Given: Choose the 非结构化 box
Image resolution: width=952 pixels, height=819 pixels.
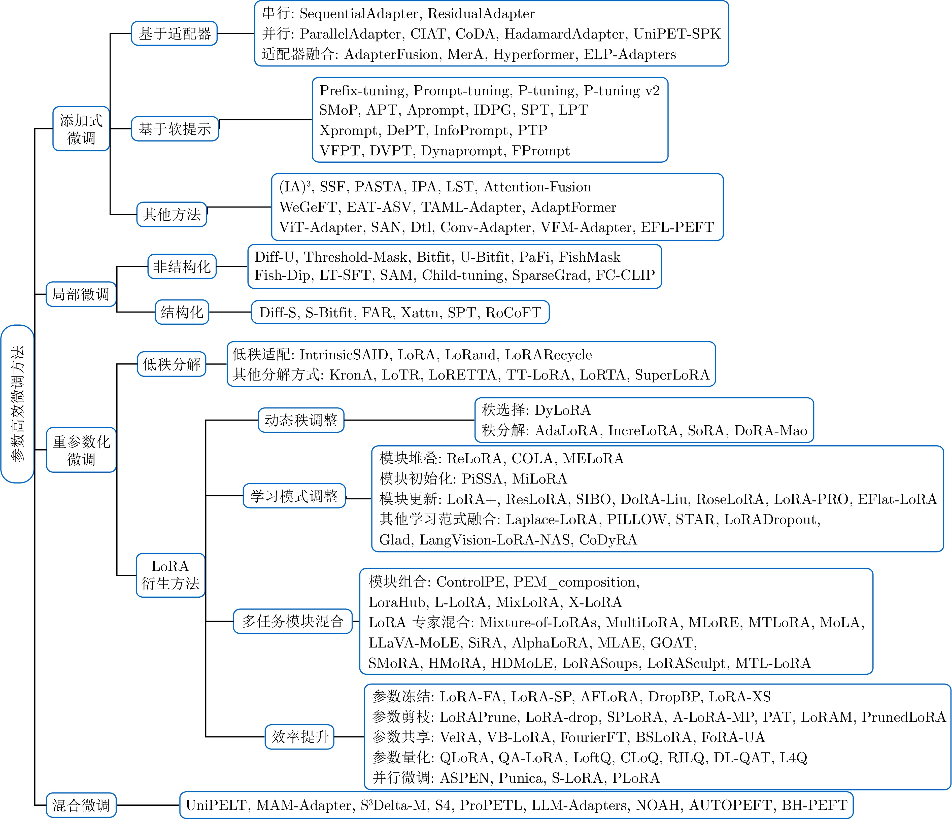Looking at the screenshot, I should click(182, 266).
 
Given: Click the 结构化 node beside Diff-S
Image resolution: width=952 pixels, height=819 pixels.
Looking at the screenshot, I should click(182, 312).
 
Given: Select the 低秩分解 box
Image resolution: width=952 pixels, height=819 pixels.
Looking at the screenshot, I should click(171, 364).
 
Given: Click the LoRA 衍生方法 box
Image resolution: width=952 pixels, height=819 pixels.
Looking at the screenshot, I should click(171, 575).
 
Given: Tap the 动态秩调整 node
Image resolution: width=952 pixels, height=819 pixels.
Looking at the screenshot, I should click(301, 420).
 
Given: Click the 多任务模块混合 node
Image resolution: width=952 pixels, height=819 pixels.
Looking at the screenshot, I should click(293, 622).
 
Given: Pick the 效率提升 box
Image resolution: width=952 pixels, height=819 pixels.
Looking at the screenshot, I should click(299, 737).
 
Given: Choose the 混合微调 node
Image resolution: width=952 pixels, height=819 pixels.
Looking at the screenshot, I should click(81, 805).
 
